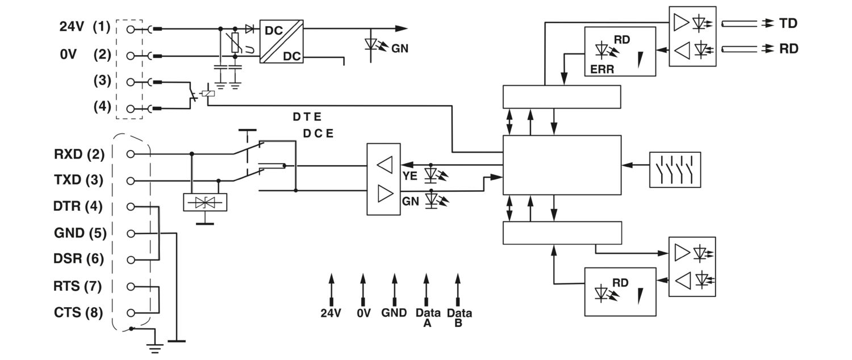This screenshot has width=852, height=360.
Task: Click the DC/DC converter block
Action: click(282, 41)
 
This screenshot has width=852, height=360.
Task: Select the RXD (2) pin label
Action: click(79, 154)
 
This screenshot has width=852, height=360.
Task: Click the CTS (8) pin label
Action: click(79, 312)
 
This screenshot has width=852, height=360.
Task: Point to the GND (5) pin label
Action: click(80, 233)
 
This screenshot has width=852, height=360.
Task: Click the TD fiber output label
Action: click(788, 23)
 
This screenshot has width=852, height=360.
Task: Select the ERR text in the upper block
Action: click(598, 69)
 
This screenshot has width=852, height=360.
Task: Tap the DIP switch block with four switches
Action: click(674, 169)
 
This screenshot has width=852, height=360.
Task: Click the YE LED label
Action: click(410, 176)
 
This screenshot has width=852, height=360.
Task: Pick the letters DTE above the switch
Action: click(307, 118)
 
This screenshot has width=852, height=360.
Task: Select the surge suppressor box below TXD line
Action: click(205, 203)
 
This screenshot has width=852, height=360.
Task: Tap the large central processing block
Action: click(562, 165)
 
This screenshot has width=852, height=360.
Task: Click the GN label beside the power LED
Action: click(400, 49)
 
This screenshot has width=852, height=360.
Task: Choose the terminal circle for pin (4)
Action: click(131, 108)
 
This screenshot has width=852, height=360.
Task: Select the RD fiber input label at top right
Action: click(788, 49)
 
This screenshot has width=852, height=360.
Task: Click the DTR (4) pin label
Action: click(78, 207)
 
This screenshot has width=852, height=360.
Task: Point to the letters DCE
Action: click(318, 134)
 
